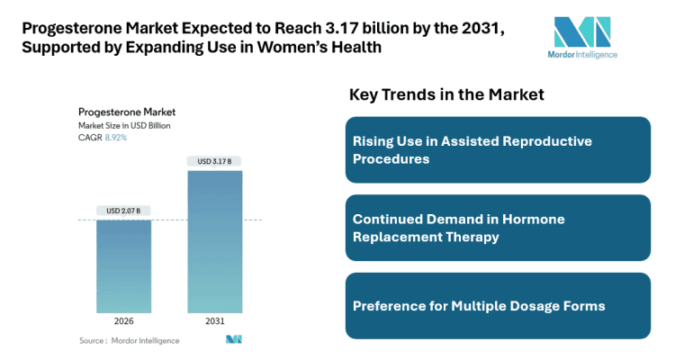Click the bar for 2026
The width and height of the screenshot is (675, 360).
tap(123, 265)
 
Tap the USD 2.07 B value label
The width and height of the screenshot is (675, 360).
tap(123, 211)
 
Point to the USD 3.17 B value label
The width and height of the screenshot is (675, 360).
tap(214, 162)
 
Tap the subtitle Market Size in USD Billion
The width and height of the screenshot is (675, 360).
tap(124, 125)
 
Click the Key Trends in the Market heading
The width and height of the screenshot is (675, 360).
tap(445, 94)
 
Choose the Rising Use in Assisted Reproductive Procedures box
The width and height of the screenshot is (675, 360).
tap(498, 150)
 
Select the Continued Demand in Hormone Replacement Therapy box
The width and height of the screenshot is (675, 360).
tap(498, 228)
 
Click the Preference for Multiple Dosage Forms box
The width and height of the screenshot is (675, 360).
tap(498, 306)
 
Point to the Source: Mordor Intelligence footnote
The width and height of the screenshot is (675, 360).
tap(129, 340)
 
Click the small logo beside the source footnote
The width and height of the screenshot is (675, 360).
tap(234, 339)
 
